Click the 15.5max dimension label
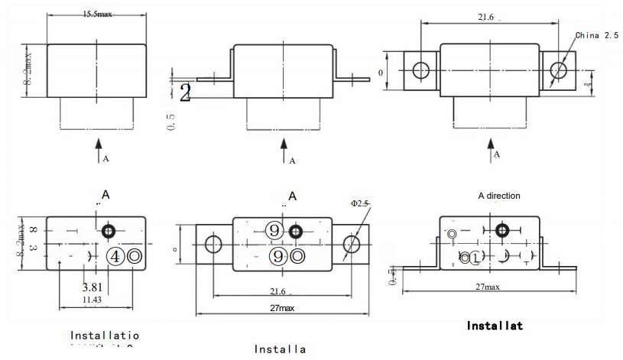point(97,14)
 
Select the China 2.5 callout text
point(597,35)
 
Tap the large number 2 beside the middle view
point(184,93)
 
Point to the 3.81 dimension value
point(93,288)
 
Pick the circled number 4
point(115,256)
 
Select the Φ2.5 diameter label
point(359,203)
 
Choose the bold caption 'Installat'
point(495,326)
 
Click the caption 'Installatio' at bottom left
point(105,335)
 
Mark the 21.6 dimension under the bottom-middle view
point(277,292)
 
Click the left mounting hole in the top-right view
point(421,70)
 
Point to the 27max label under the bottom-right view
point(488,287)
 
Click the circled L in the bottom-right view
point(475,258)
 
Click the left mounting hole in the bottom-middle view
point(213,245)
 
